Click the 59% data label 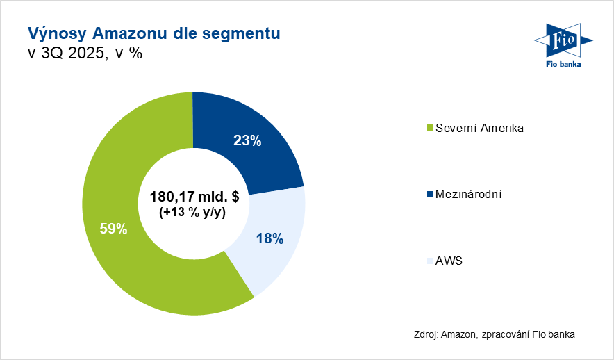pos(113,228)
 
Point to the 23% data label pos(247,141)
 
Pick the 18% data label pos(269,238)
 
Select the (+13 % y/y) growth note pos(194,213)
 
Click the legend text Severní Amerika pos(479,128)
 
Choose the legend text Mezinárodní pos(468,195)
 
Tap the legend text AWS pos(449,261)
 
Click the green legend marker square pos(429,129)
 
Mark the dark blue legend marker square pos(429,195)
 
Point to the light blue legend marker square pos(429,262)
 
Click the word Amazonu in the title pos(131,33)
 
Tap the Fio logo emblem pos(561,42)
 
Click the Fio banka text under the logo pos(561,64)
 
